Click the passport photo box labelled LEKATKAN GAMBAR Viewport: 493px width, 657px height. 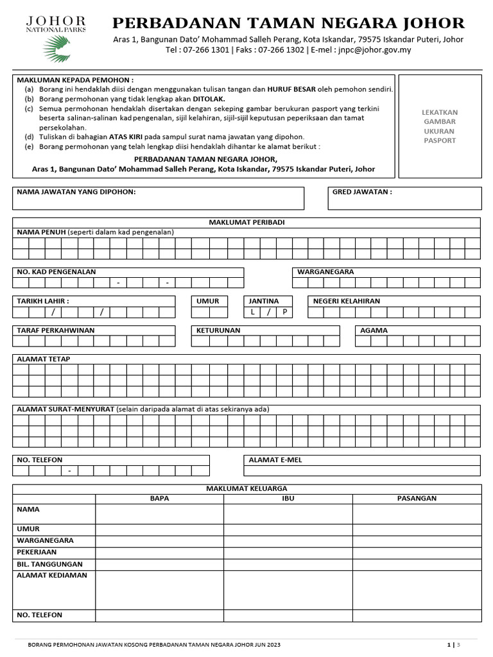click(440, 126)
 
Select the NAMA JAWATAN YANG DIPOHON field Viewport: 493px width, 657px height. click(158, 198)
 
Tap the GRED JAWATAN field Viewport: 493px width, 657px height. click(404, 198)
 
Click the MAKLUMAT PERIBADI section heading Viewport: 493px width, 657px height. click(246, 222)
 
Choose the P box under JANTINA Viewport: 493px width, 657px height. click(284, 312)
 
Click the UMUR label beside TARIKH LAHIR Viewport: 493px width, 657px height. click(208, 301)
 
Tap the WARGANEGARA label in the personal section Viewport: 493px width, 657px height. click(325, 272)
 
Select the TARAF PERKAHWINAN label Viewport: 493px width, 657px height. click(56, 330)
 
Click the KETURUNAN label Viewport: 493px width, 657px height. click(218, 330)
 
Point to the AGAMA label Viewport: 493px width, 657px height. click(374, 330)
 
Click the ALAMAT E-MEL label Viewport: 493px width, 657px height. click(275, 460)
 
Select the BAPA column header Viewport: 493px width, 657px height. click(159, 499)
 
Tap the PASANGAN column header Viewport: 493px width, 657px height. click(417, 499)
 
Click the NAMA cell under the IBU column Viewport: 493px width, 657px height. click(288, 514)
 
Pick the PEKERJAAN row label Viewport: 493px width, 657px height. click(37, 552)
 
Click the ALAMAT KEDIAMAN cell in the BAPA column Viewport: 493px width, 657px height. click(159, 589)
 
